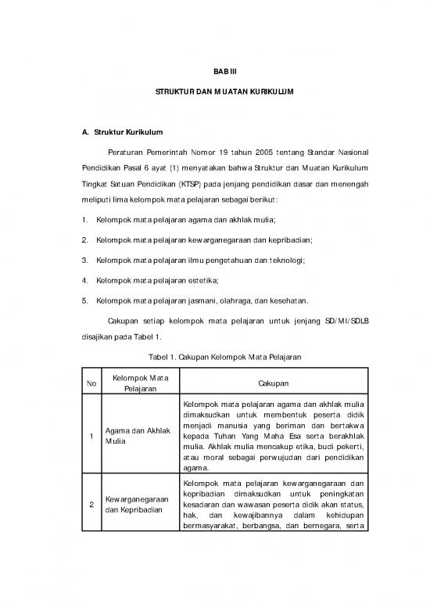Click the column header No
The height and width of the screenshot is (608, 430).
tap(92, 383)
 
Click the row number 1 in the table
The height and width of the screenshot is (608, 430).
tap(92, 435)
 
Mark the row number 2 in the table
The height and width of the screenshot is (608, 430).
tap(92, 505)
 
